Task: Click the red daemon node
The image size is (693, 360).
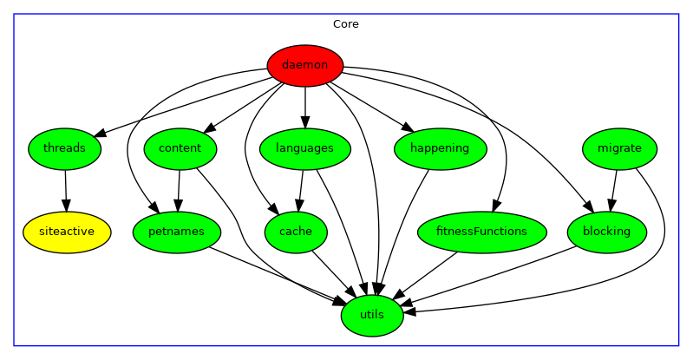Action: [x=305, y=65]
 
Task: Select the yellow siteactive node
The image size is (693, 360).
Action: [x=67, y=232]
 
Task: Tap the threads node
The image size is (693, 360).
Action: [x=64, y=148]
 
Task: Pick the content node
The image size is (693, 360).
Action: [x=180, y=148]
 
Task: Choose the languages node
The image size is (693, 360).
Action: [x=304, y=148]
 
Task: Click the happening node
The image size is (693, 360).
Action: [x=440, y=148]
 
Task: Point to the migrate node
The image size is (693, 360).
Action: [x=619, y=148]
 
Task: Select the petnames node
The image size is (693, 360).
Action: [x=177, y=232]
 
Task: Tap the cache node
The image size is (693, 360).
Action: [x=296, y=232]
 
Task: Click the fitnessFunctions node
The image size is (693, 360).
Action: [x=481, y=232]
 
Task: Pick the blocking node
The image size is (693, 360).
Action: [x=607, y=232]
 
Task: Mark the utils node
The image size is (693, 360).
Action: [x=372, y=314]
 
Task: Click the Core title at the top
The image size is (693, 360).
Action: [x=346, y=24]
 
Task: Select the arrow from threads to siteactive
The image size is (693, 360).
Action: [x=66, y=190]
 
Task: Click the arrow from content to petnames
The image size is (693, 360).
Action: [x=179, y=190]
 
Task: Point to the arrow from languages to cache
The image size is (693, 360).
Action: [x=300, y=190]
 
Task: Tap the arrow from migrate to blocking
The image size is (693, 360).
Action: [x=613, y=190]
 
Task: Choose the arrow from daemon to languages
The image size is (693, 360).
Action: [x=305, y=107]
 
